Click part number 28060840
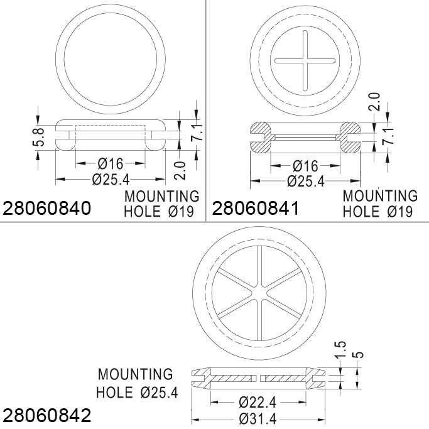tap(46, 208)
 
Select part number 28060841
tap(256, 208)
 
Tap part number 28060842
tap(46, 415)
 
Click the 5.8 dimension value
tap(39, 138)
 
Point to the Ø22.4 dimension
tap(258, 402)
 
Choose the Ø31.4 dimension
tap(258, 418)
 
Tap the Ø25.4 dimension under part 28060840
tap(111, 179)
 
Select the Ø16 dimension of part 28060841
tap(305, 166)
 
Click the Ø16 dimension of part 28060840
tap(111, 163)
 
